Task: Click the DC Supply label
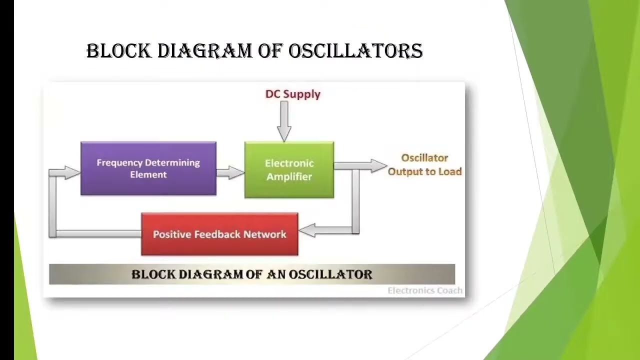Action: (x=292, y=94)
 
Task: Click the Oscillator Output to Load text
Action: (x=424, y=165)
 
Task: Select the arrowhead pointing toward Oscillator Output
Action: (x=378, y=166)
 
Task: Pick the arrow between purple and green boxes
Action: (x=230, y=172)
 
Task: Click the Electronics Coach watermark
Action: (x=425, y=290)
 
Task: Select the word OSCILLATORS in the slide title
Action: (x=355, y=51)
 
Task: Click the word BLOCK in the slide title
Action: (x=118, y=51)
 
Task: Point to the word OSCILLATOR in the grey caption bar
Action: (x=330, y=274)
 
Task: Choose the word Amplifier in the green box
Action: (x=289, y=176)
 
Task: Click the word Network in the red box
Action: (x=264, y=234)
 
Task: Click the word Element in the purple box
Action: (x=148, y=174)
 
